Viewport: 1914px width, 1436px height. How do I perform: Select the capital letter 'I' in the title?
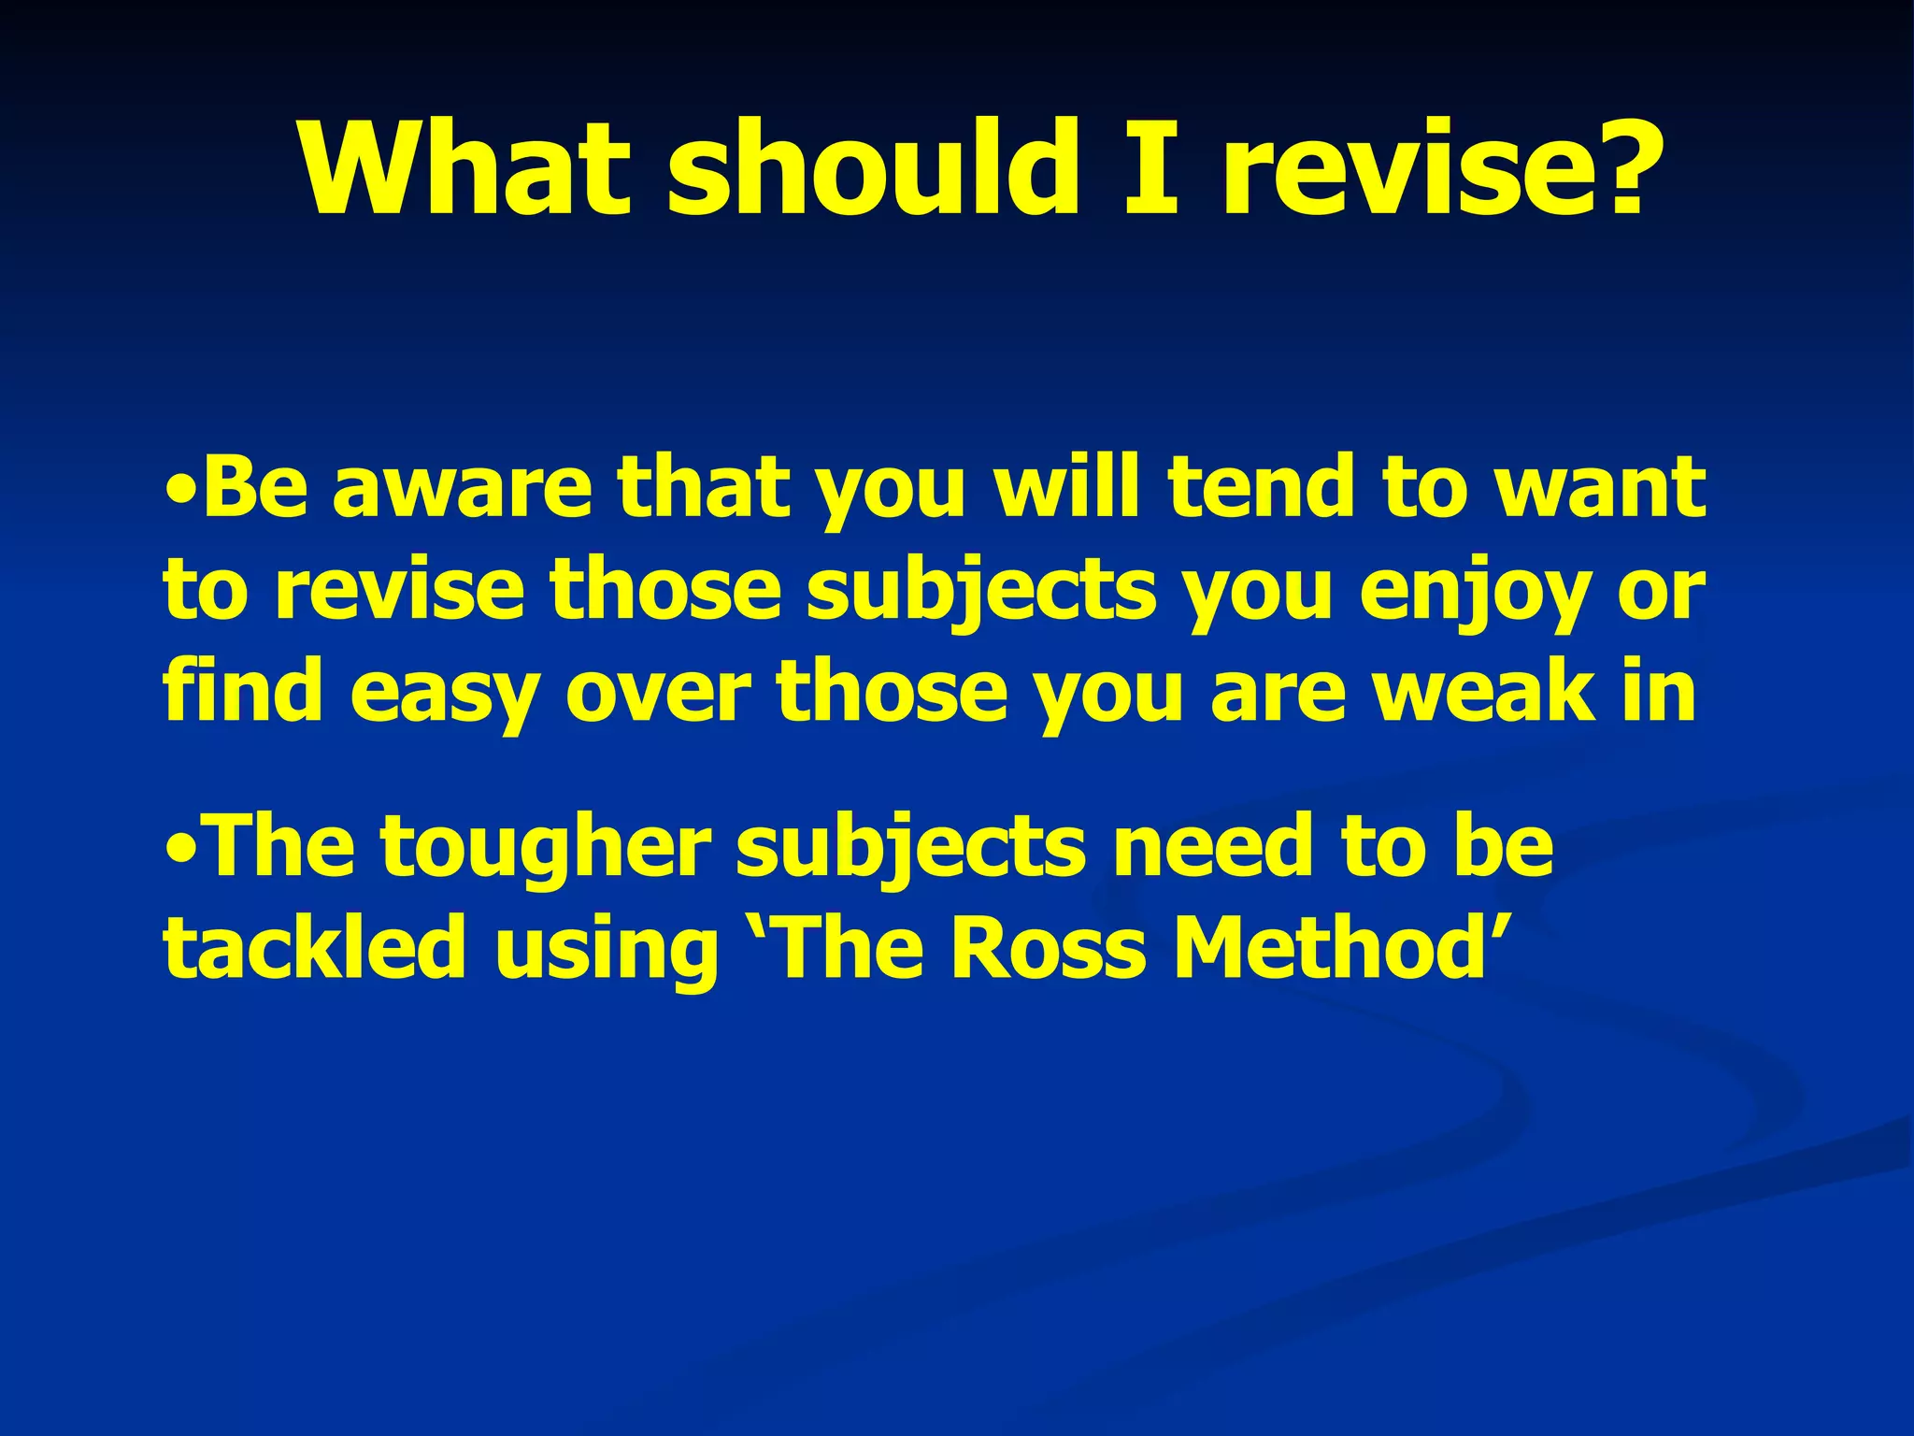tap(1148, 170)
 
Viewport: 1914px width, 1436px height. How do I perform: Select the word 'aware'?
tap(463, 490)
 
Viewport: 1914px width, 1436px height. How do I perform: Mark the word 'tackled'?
tap(314, 948)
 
